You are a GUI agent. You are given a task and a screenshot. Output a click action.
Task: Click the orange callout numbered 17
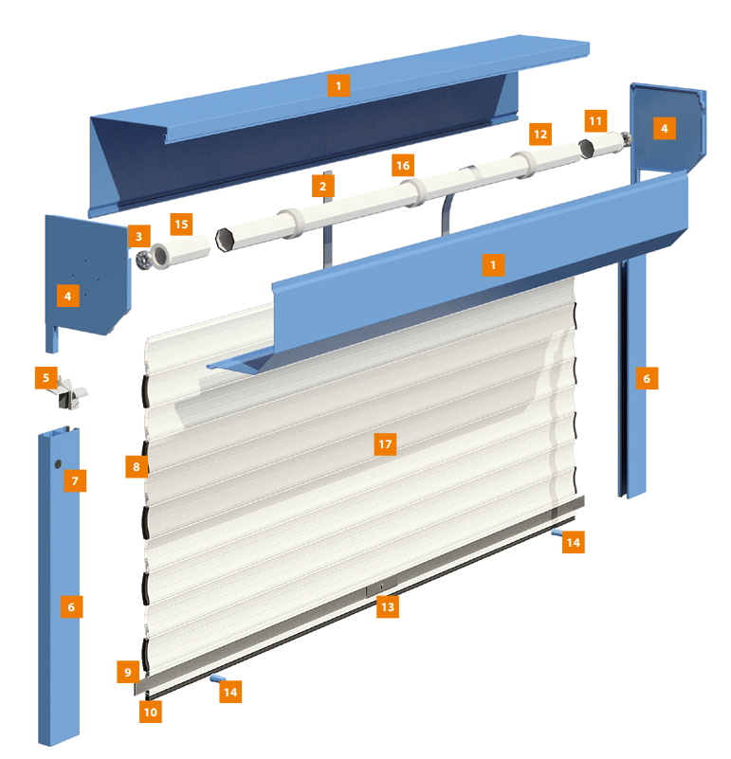[385, 444]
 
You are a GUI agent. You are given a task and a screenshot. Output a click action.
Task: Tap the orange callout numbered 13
[388, 607]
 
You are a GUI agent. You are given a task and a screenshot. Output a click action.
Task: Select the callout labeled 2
[322, 187]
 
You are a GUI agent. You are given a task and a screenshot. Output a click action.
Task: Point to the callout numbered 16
[403, 166]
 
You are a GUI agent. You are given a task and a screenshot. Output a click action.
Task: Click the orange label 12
[540, 135]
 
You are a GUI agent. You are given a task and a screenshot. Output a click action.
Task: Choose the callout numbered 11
[595, 120]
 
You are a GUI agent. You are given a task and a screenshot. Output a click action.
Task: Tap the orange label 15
[181, 225]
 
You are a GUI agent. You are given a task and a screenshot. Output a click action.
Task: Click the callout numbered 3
[139, 236]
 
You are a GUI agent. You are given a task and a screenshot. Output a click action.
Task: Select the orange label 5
[46, 377]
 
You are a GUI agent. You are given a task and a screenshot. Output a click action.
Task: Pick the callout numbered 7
[75, 480]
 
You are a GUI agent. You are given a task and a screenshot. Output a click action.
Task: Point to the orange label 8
[137, 466]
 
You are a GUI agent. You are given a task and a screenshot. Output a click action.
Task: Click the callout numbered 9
[128, 672]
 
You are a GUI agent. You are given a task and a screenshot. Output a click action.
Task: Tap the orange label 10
[151, 712]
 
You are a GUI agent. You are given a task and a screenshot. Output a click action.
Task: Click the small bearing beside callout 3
[143, 261]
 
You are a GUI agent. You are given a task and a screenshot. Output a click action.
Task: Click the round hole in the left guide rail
[58, 464]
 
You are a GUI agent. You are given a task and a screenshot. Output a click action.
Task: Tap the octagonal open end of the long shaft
[225, 240]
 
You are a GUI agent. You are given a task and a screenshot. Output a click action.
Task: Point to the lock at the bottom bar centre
[381, 587]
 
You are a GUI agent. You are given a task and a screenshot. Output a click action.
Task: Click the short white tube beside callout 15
[180, 251]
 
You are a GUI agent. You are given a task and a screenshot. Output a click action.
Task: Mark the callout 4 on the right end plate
[664, 128]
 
